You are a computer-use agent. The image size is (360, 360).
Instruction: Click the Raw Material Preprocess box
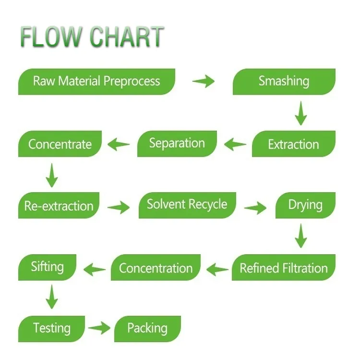(x=96, y=81)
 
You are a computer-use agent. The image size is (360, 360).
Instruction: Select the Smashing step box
(x=284, y=81)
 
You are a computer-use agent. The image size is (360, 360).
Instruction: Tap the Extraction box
(x=293, y=144)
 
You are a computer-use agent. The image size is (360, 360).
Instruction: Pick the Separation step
(x=177, y=143)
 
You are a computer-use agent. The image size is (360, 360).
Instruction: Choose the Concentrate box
(x=60, y=144)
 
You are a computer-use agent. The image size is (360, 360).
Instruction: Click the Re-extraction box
(x=59, y=206)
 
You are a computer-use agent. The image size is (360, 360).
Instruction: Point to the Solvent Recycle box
(x=187, y=204)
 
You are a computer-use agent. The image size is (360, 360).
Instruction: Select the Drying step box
(x=305, y=205)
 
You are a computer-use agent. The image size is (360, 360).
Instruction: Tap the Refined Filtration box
(x=284, y=268)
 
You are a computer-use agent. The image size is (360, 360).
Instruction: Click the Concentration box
(x=156, y=268)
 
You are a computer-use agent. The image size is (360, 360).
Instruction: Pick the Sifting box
(x=47, y=267)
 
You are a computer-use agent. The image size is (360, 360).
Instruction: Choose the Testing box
(x=51, y=329)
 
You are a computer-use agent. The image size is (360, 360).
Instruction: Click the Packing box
(x=147, y=329)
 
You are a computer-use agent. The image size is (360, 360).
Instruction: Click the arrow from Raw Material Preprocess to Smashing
(x=204, y=81)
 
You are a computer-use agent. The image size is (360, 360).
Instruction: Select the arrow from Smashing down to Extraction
(x=300, y=113)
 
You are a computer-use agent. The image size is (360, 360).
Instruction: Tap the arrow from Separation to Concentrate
(x=119, y=144)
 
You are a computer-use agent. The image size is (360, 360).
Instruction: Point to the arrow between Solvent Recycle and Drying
(x=255, y=208)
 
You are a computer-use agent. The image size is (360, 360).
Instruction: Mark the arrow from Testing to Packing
(x=99, y=329)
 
